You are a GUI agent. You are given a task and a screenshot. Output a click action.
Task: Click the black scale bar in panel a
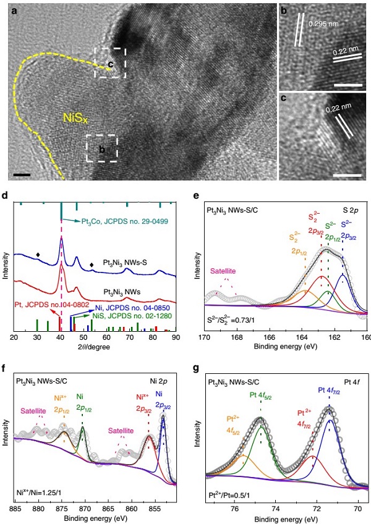[x=22, y=175]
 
